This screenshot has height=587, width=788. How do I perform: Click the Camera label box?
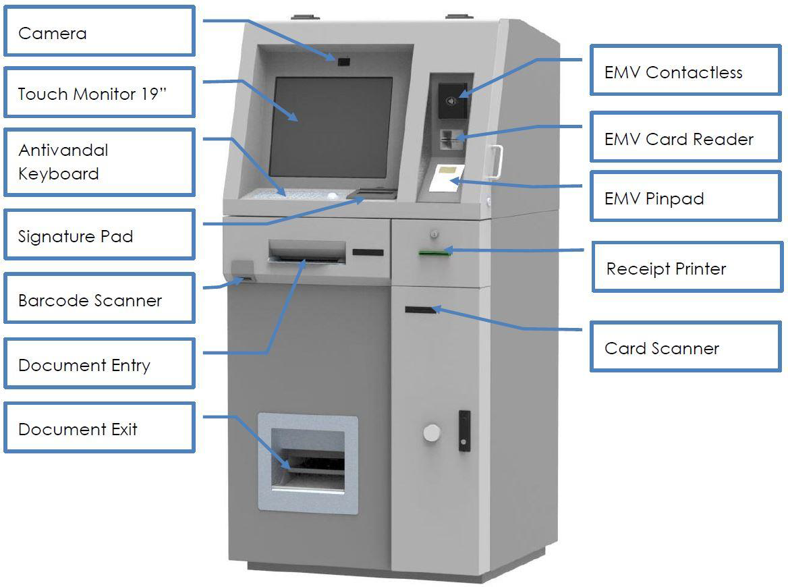99,32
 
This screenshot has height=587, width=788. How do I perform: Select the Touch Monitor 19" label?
99,92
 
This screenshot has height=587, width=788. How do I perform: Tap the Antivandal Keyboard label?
99,162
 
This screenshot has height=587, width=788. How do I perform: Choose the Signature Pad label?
99,235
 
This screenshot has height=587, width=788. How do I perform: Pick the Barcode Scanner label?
99,299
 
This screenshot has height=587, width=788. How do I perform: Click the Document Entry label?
99,364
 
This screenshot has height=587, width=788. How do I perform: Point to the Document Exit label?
99,428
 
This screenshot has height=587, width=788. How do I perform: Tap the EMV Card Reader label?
685,138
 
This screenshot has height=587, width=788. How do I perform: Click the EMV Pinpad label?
685,197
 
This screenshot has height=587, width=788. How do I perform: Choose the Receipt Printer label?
687,267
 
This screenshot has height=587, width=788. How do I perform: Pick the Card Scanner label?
685,347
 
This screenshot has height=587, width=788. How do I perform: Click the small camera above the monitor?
344,62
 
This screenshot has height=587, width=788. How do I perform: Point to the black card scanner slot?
420,310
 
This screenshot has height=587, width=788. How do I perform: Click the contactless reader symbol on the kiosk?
451,102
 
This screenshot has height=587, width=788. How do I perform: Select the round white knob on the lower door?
432,432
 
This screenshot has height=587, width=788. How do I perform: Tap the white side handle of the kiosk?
497,162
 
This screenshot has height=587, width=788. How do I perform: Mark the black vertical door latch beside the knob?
463,430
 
